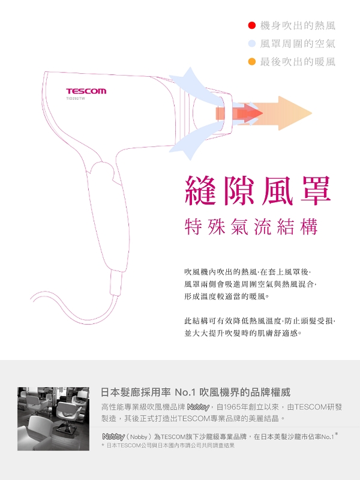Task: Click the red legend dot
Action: [251, 26]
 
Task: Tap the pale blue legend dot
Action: [251, 44]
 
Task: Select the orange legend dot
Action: [251, 62]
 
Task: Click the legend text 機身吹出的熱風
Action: [298, 26]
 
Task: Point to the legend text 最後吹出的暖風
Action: [298, 62]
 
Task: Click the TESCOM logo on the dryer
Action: [86, 91]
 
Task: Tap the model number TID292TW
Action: [76, 98]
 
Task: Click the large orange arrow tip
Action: [311, 113]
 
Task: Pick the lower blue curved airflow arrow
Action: [199, 139]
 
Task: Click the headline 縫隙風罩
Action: [258, 190]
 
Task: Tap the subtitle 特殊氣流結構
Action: [251, 227]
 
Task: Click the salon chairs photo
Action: [53, 418]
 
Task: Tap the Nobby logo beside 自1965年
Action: [198, 407]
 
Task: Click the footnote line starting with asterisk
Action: [168, 445]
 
